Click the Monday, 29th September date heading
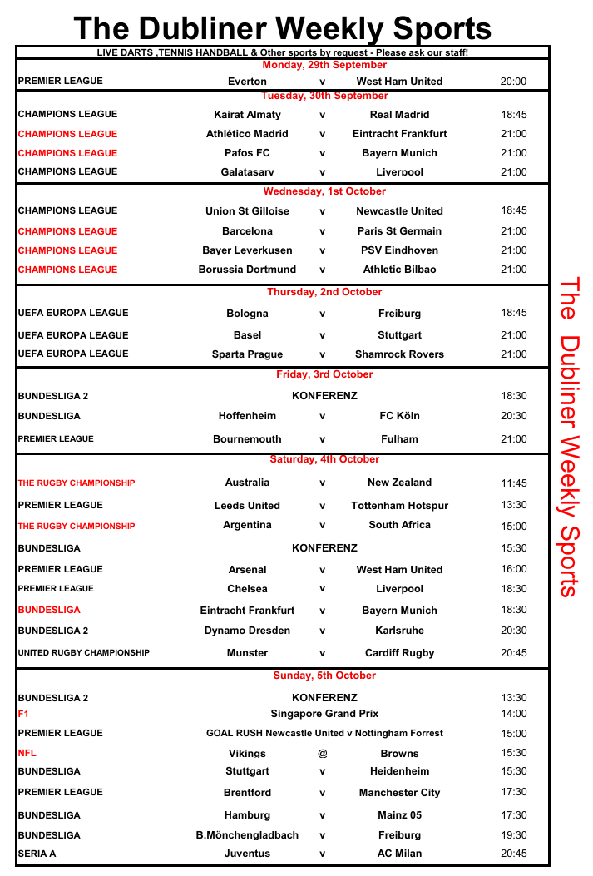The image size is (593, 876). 324,65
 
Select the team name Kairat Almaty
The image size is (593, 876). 247,115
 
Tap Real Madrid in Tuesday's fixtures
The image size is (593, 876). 399,115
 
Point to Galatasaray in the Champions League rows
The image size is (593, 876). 247,172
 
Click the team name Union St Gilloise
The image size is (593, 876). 247,211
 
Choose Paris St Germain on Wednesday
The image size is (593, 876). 399,231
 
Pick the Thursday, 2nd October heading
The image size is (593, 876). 324,292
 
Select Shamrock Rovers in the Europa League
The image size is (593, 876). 399,354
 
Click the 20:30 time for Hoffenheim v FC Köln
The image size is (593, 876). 513,416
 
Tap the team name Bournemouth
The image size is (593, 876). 247,439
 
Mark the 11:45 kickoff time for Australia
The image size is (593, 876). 513,483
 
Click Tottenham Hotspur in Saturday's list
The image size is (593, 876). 399,506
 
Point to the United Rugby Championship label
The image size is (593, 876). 83,653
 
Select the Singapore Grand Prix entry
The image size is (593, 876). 324,714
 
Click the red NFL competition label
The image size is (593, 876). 27,753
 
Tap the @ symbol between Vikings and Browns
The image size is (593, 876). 322,754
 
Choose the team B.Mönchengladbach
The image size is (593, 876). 247,835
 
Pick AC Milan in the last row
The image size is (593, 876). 399,854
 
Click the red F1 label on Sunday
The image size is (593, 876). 22,714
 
